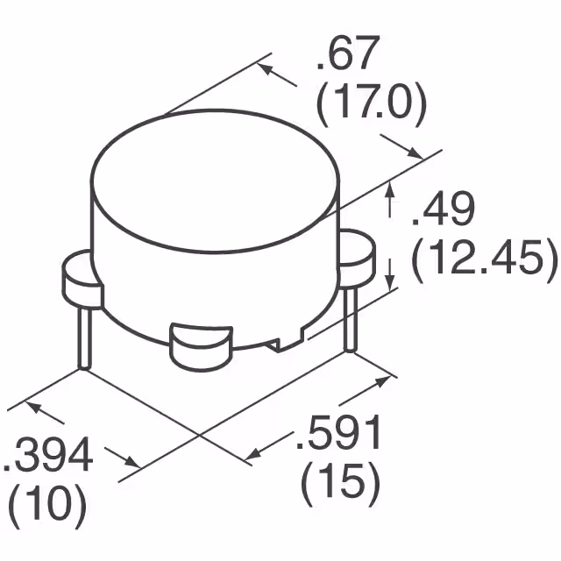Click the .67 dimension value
tap(349, 60)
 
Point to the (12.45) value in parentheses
tap(484, 259)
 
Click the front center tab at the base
tap(200, 345)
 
